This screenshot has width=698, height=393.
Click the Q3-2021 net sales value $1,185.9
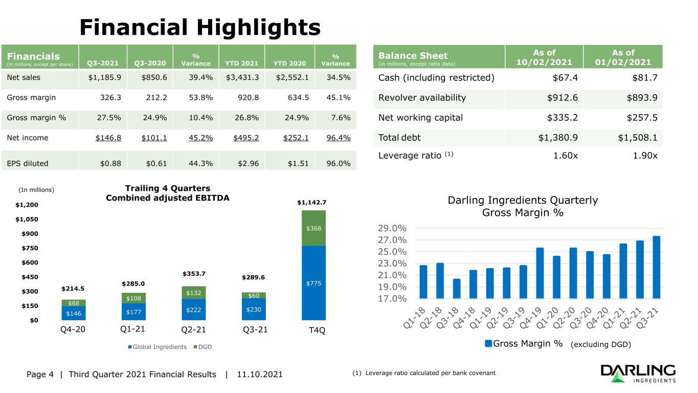(104, 77)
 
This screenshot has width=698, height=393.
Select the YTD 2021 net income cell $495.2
(246, 138)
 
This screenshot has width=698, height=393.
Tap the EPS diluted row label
(28, 163)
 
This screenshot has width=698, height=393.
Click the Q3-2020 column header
(150, 63)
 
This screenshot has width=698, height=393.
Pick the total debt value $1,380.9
(558, 138)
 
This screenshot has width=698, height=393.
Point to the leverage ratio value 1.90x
(645, 156)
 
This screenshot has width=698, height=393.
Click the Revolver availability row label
(422, 98)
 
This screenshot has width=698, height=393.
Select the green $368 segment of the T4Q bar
(313, 228)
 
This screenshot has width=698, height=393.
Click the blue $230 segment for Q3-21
(254, 309)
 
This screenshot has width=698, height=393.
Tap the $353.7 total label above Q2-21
(194, 274)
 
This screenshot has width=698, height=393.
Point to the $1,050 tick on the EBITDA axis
(27, 219)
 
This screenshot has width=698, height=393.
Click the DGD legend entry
(202, 347)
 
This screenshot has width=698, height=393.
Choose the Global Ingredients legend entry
(157, 347)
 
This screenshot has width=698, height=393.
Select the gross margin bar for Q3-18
(457, 289)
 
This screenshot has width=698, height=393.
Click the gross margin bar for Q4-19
(539, 273)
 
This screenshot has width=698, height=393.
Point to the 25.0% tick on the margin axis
(392, 252)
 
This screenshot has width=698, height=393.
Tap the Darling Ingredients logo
(638, 374)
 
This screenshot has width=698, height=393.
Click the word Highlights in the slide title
(259, 28)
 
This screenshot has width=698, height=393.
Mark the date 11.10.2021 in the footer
(260, 374)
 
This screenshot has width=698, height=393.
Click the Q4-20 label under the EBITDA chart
(73, 330)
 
